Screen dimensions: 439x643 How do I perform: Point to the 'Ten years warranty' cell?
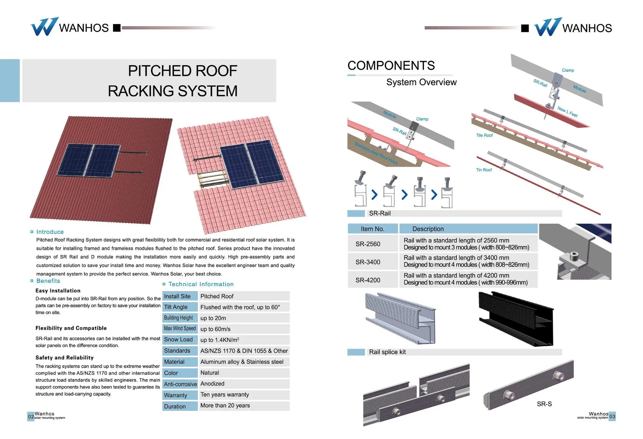[x=225, y=395]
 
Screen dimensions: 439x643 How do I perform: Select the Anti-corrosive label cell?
[x=180, y=384]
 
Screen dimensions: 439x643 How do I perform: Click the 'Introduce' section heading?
[x=50, y=232]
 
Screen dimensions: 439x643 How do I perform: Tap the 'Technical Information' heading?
[x=201, y=284]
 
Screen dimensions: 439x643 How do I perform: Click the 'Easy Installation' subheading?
[x=58, y=291]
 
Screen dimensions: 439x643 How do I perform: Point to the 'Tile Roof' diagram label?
[x=484, y=135]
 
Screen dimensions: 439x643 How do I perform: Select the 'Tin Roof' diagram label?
[x=484, y=170]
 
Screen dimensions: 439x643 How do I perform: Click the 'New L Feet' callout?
[x=567, y=112]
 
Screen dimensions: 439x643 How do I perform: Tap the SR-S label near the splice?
[x=544, y=404]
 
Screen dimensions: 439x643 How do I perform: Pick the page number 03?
[x=612, y=417]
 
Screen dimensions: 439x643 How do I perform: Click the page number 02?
[x=31, y=417]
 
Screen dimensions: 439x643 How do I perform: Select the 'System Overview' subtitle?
[x=421, y=82]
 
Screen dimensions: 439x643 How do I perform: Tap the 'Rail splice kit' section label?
[x=387, y=352]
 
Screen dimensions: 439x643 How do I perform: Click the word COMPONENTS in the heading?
[x=391, y=66]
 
